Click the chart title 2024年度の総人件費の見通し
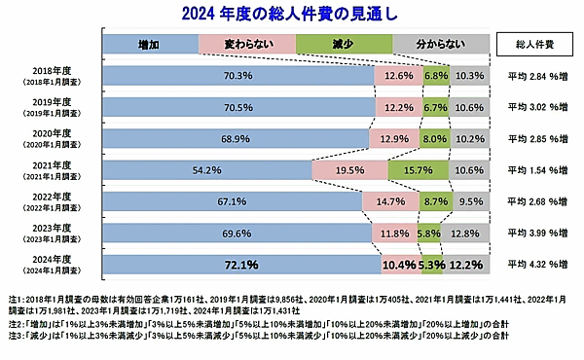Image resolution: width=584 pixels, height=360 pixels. click(x=291, y=14)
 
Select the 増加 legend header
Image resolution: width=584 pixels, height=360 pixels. click(x=150, y=45)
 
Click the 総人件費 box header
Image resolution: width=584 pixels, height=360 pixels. click(x=532, y=45)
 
